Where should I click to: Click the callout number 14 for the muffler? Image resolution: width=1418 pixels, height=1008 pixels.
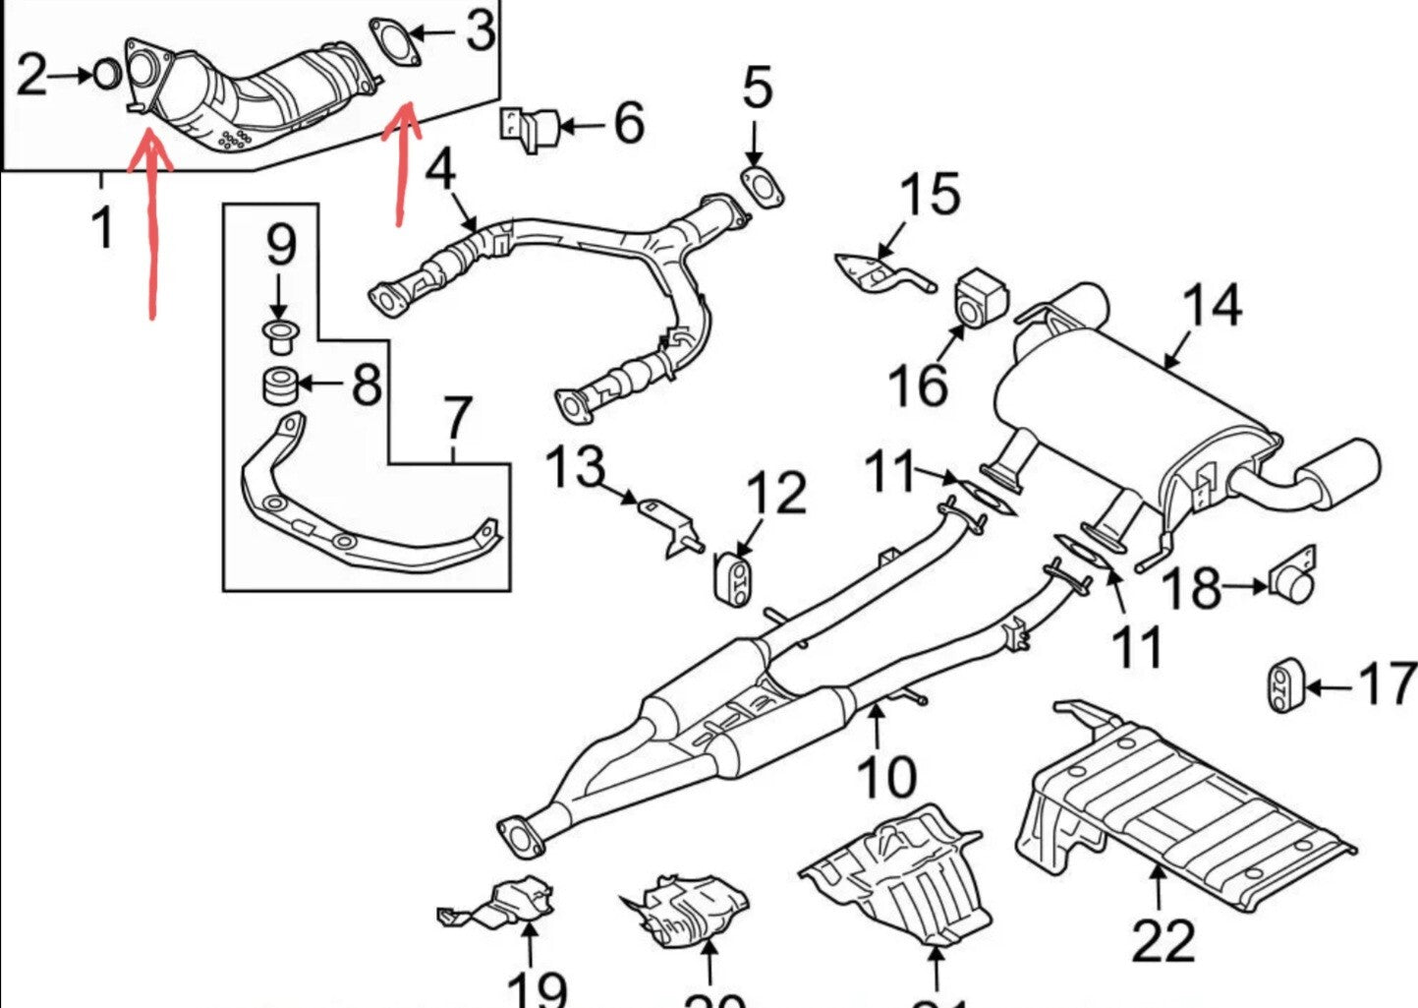click(x=1212, y=306)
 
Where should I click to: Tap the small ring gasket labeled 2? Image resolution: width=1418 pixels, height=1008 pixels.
click(x=107, y=74)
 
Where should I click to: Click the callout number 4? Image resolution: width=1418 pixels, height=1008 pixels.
click(x=441, y=169)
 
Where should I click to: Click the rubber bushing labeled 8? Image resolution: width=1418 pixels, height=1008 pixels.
click(x=279, y=385)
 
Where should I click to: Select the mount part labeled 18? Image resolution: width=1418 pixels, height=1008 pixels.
click(x=1295, y=580)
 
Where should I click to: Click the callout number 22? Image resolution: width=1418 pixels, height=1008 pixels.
click(x=1163, y=941)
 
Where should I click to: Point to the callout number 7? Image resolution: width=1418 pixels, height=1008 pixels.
click(x=457, y=419)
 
